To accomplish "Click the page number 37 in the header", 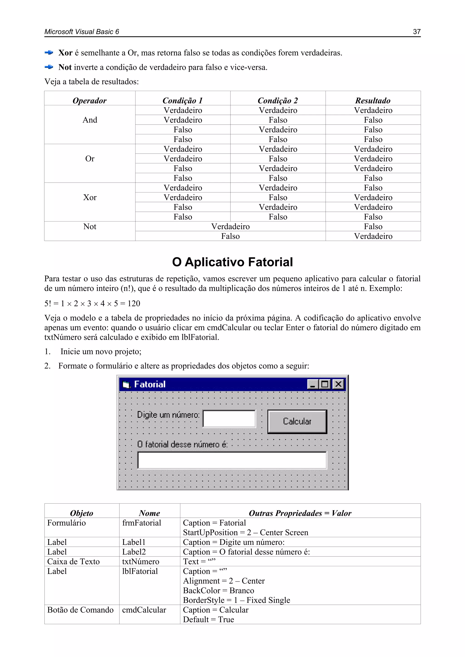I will tap(417, 32).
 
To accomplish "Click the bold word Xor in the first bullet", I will tap(65, 53).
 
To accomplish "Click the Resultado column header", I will tap(373, 101).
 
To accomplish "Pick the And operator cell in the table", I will tap(90, 120).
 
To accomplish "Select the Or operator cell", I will tap(90, 159).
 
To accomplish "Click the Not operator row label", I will tap(90, 227).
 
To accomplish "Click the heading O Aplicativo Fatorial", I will tap(232, 262).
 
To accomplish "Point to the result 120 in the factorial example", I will tap(134, 304).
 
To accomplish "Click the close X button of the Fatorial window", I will tap(338, 384).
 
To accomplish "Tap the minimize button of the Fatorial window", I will tap(313, 384).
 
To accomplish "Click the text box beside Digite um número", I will tap(229, 419).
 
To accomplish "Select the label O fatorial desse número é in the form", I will tap(182, 444).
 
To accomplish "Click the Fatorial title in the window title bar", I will tap(150, 384).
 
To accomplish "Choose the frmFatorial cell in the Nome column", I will tap(141, 523).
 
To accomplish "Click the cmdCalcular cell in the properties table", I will tap(144, 610).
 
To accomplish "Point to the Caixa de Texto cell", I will tap(73, 562).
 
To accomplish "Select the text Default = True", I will tap(208, 620).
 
